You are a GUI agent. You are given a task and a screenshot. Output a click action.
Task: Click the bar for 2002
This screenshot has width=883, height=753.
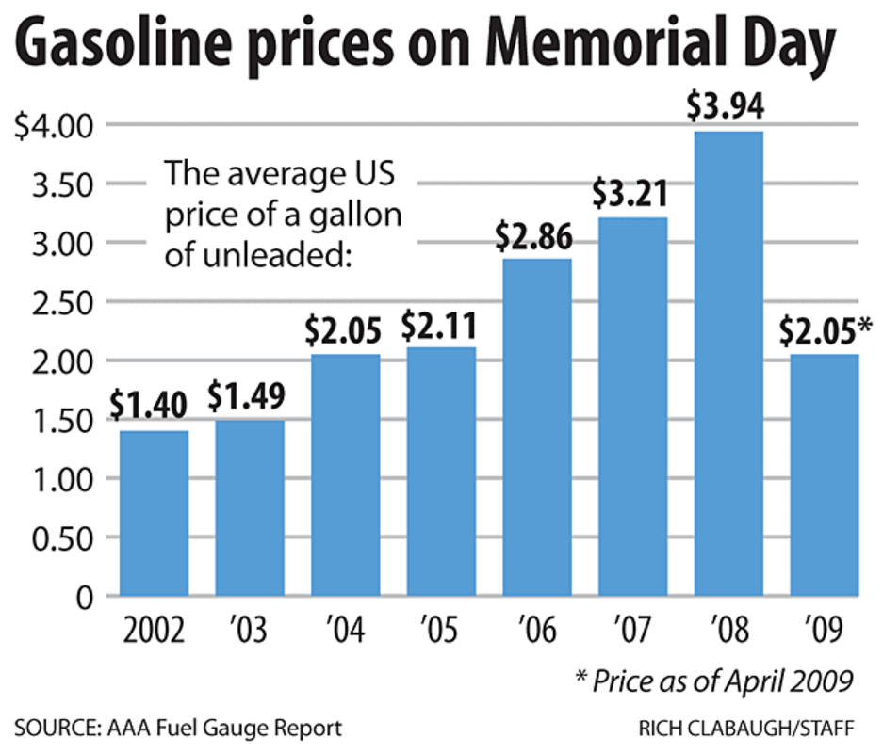pos(154,513)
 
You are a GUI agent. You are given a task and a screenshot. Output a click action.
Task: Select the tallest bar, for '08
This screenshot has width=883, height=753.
pos(728,363)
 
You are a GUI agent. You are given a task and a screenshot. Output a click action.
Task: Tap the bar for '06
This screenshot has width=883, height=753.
pos(537,427)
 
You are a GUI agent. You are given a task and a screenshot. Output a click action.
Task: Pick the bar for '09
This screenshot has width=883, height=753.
pos(825,475)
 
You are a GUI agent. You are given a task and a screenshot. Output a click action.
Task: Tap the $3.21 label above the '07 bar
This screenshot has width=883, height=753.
pos(632,196)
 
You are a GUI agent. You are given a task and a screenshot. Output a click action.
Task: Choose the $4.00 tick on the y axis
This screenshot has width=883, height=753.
pos(57,125)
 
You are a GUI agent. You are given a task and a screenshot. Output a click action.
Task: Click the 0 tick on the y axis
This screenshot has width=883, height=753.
pos(86,598)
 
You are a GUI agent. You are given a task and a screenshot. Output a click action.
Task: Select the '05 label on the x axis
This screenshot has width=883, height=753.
pos(440,629)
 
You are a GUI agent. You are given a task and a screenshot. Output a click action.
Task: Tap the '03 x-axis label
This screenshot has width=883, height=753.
pos(249,629)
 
